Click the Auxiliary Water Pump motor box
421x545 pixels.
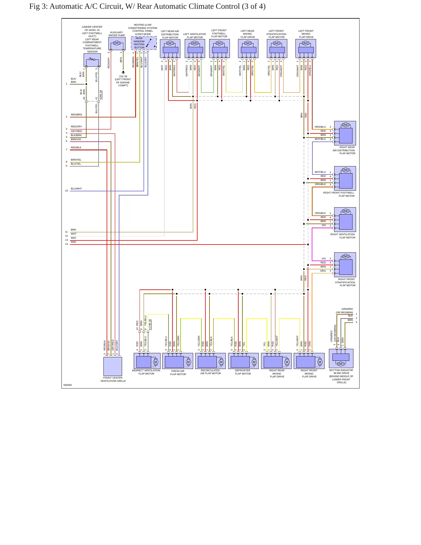pyautogui.click(x=117, y=44)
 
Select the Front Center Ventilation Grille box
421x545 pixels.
pyautogui.click(x=113, y=367)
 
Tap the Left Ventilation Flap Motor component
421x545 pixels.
pyautogui.click(x=195, y=49)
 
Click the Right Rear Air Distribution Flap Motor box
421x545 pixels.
pyautogui.click(x=345, y=133)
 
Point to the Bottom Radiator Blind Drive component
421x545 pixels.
pyautogui.click(x=341, y=358)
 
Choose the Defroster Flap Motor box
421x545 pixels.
pyautogui.click(x=243, y=361)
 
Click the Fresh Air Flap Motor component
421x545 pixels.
pyautogui.click(x=178, y=361)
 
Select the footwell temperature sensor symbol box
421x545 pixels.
pyautogui.click(x=92, y=60)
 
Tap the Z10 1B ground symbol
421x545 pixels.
pyautogui.click(x=123, y=72)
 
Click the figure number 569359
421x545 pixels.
pyautogui.click(x=68, y=385)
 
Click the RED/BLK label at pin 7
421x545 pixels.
pyautogui.click(x=76, y=147)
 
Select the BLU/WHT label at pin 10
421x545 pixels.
pyautogui.click(x=76, y=189)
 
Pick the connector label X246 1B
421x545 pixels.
pyautogui.click(x=101, y=95)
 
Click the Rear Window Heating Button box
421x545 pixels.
pyautogui.click(x=144, y=43)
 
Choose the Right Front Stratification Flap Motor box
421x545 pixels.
pyautogui.click(x=345, y=265)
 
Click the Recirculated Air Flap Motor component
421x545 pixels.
pyautogui.click(x=210, y=361)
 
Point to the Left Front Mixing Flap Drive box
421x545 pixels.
pyautogui.click(x=306, y=49)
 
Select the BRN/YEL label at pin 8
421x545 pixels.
pyautogui.click(x=76, y=160)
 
